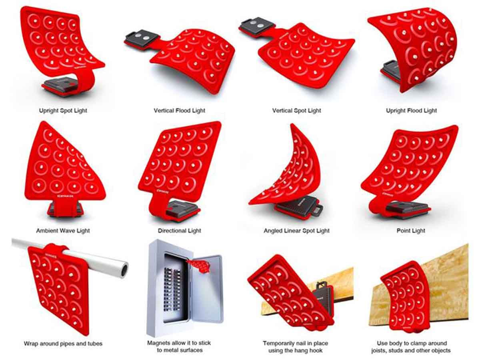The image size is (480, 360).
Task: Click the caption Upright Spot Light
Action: (63, 111)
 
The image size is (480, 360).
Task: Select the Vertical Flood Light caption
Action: (179, 111)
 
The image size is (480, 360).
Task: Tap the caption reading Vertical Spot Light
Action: (296, 111)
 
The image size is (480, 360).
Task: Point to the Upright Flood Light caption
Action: (411, 111)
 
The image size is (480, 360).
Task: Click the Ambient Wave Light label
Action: (63, 231)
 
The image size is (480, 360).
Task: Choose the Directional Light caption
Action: (179, 231)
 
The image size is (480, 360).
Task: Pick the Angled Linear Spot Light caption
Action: (296, 231)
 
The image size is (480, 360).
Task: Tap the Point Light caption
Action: (411, 231)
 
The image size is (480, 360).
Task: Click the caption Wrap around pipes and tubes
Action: (63, 343)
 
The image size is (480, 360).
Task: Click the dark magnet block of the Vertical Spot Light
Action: (256, 27)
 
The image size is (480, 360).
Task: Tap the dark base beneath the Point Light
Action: (407, 209)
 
